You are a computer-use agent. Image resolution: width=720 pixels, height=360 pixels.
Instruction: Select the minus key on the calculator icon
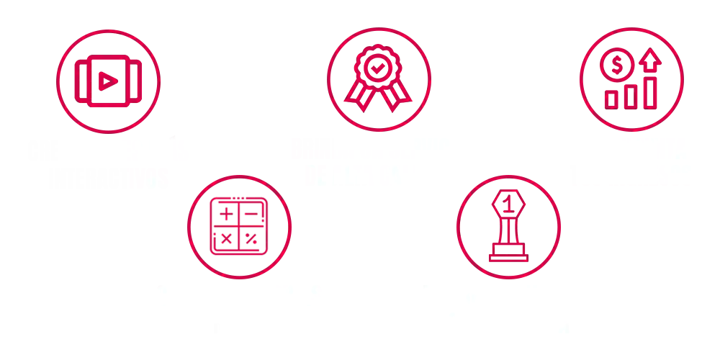click(x=251, y=213)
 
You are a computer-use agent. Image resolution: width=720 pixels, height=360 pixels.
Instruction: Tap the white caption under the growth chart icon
click(x=632, y=163)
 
